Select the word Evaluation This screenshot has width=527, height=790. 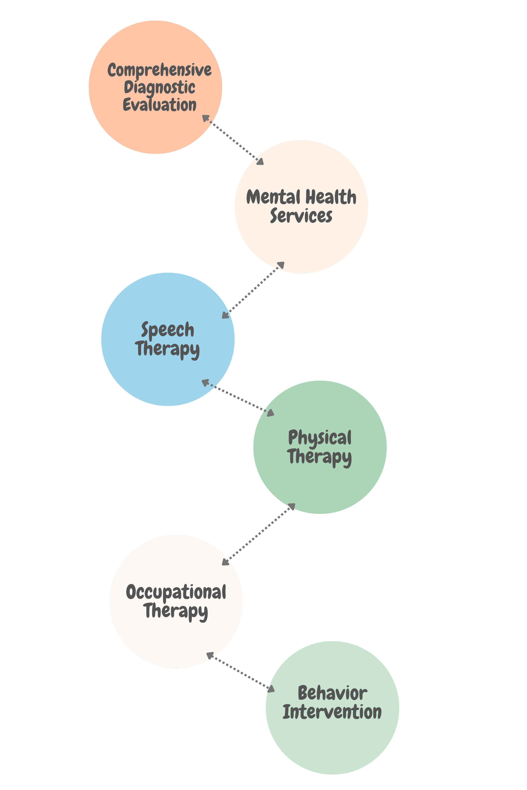(x=160, y=105)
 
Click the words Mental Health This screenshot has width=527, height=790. (x=301, y=197)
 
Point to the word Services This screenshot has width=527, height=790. (x=301, y=216)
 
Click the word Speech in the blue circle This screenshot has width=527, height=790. (x=167, y=330)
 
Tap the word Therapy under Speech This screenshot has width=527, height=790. (x=167, y=349)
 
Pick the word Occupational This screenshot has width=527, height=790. (x=176, y=592)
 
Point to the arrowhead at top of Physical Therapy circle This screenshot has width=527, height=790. (x=270, y=413)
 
